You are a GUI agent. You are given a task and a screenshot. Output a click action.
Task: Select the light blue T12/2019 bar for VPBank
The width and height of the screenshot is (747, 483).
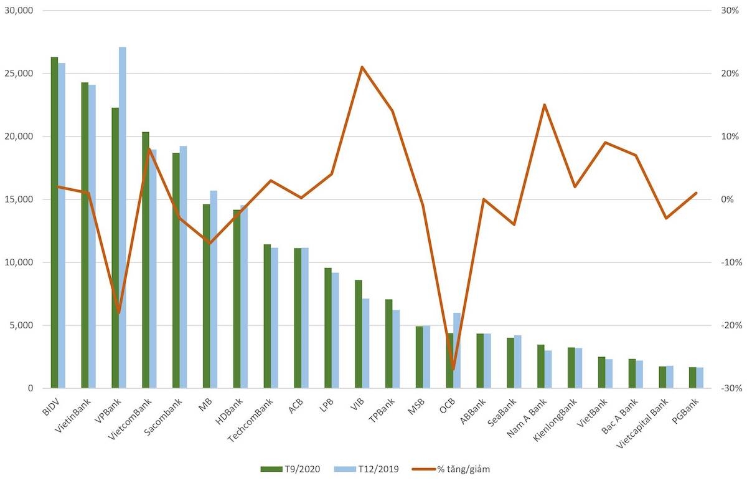[x=123, y=218]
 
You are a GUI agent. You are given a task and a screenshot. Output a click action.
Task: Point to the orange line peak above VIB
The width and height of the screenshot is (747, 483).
[x=362, y=67]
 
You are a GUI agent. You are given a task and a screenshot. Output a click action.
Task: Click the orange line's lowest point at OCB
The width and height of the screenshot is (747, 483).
[x=453, y=369]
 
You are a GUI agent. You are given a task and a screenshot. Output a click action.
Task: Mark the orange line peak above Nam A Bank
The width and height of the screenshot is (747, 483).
[x=544, y=105]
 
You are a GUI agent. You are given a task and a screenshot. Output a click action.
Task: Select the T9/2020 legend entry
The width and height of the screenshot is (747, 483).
[x=291, y=469]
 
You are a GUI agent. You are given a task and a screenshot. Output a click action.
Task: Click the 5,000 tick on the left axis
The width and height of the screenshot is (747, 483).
[x=24, y=325]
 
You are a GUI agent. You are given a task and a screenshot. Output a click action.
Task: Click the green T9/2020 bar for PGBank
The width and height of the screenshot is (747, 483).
[x=692, y=378]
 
